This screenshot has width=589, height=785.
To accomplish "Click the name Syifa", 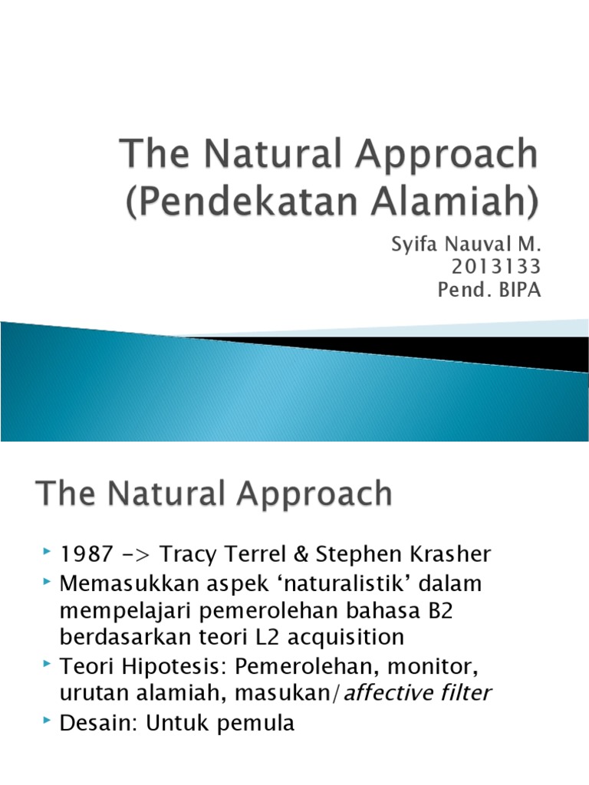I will coord(414,246).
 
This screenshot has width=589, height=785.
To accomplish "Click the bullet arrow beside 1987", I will coord(48,552).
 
